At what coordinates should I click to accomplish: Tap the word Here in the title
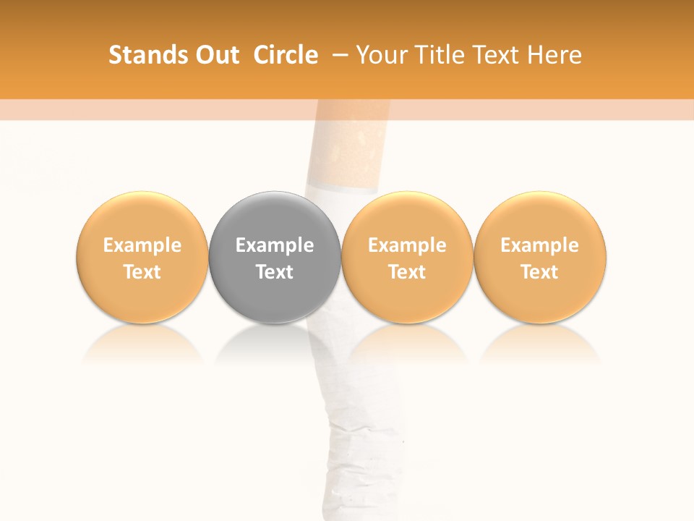554,55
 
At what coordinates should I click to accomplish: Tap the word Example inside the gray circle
275,245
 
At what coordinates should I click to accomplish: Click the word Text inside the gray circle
275,272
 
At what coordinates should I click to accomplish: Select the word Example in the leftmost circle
142,245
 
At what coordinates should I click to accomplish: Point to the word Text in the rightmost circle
540,272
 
